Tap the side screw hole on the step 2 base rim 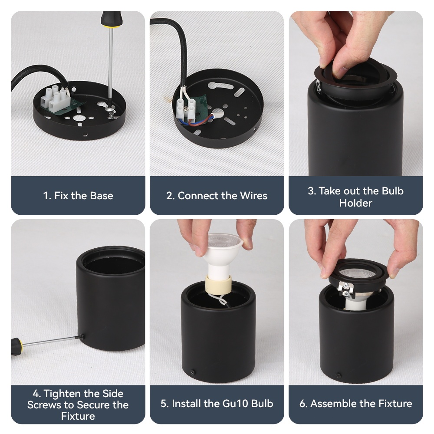click(255, 129)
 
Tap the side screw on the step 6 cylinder click(338, 375)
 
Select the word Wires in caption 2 click(253, 196)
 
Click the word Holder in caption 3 click(356, 203)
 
